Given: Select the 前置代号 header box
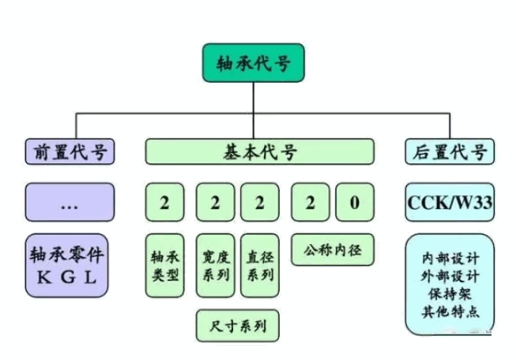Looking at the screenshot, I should click(x=70, y=152).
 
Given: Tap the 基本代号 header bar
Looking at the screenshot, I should click(x=260, y=152).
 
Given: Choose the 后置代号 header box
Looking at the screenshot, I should click(x=450, y=152).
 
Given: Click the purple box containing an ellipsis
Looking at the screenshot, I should click(x=70, y=203).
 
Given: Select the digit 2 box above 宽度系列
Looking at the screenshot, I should click(x=215, y=203).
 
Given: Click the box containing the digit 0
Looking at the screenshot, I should click(x=355, y=203).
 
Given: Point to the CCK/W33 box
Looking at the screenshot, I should click(x=450, y=203).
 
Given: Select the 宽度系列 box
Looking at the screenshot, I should click(x=215, y=266).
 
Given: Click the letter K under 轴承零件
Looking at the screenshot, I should click(x=43, y=277).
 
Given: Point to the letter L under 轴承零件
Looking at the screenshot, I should click(x=92, y=277).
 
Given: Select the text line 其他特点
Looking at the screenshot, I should click(x=450, y=310).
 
